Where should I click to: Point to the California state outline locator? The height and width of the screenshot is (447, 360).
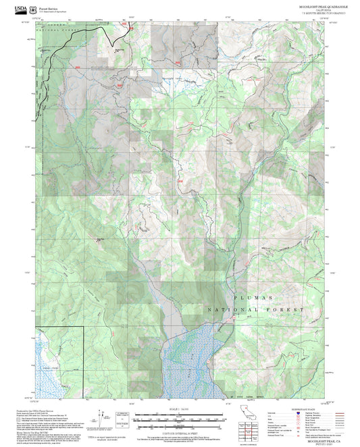click(x=243, y=413)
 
